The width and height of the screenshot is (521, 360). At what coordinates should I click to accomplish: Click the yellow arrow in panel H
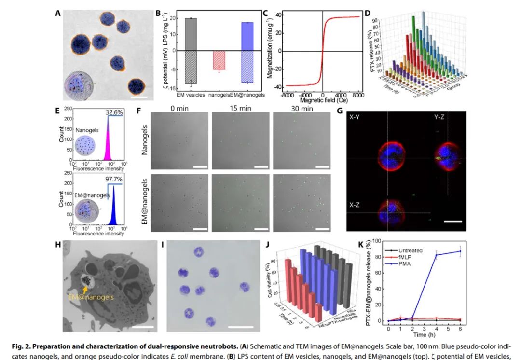pos(87,288)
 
